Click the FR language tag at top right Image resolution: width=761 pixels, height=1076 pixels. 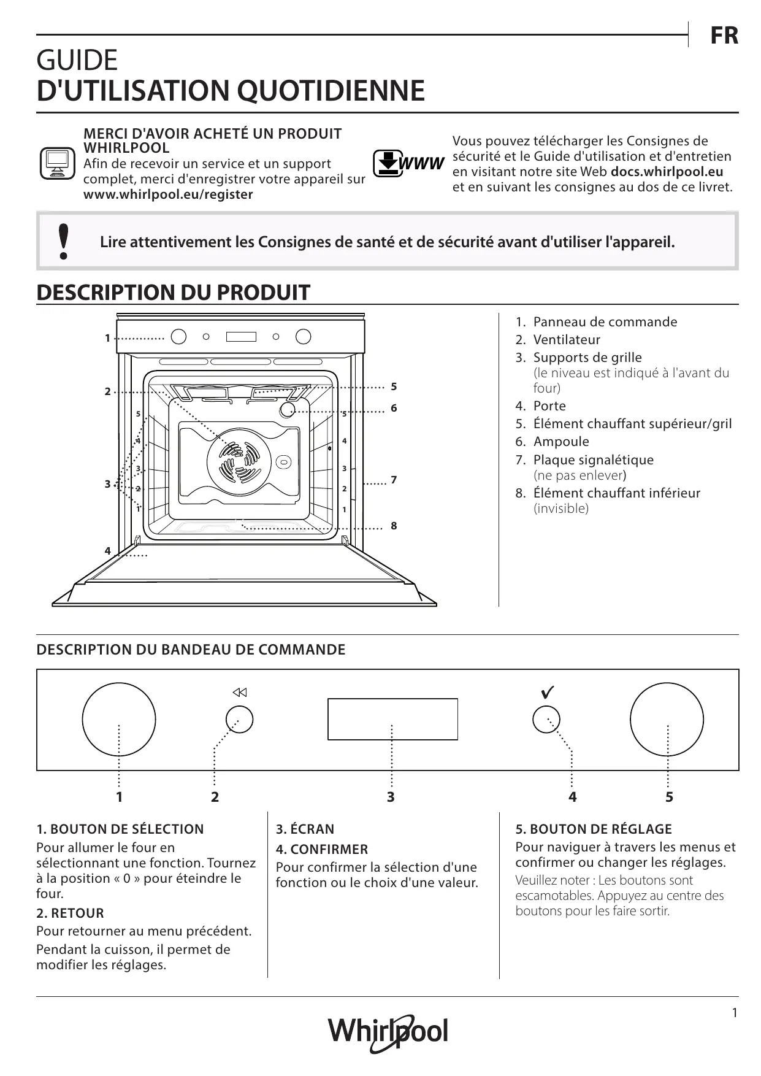pos(724,36)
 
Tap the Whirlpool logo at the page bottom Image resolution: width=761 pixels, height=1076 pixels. pos(388,1031)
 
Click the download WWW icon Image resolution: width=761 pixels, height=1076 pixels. pos(408,163)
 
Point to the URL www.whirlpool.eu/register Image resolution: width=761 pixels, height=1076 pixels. pos(168,194)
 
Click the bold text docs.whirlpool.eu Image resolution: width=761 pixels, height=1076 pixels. pos(667,172)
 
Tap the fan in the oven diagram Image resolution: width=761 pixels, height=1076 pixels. pos(239,459)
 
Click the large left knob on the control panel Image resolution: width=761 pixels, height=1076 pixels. pos(119,719)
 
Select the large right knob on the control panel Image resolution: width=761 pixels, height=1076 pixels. pos(667,719)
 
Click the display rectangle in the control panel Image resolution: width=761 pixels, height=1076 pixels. pos(392,718)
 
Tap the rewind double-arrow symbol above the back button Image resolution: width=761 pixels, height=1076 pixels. pos(239,693)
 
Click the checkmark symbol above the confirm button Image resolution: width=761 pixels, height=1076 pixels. pos(548,692)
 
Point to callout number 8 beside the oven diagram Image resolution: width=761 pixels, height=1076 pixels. pos(394,526)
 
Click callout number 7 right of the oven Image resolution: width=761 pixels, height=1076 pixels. pos(394,480)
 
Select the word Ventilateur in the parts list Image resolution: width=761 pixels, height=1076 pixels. pos(566,340)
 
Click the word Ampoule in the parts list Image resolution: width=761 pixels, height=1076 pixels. pos(560,442)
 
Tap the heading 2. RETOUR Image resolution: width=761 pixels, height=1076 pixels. pos(70,913)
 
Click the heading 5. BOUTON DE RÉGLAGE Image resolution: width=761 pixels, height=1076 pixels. pos(594,829)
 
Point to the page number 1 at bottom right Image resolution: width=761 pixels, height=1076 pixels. pos(735,1013)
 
